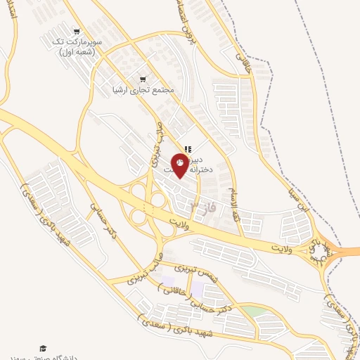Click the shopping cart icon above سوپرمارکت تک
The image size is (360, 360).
tap(77, 32)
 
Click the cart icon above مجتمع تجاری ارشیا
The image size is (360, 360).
tap(143, 79)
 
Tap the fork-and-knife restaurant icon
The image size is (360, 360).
tap(187, 148)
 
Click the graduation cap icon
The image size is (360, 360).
tap(42, 349)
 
